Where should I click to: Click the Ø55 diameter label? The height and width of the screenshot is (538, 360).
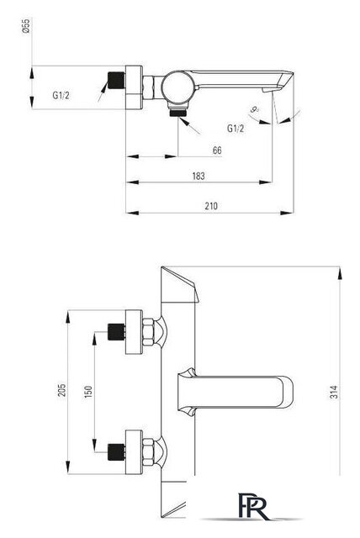click(x=26, y=26)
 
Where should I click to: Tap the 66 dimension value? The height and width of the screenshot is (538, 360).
click(x=217, y=150)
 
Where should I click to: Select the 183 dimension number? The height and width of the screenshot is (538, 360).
click(x=199, y=176)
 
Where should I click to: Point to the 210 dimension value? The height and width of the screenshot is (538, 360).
click(x=211, y=206)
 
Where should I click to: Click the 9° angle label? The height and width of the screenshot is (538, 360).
click(x=254, y=110)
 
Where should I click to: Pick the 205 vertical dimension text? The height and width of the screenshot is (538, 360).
click(x=61, y=390)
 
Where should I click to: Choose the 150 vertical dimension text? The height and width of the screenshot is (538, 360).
click(x=88, y=392)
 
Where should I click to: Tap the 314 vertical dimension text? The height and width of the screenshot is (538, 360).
click(x=334, y=392)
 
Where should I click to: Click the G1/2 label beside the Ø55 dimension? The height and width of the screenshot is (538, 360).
click(x=61, y=95)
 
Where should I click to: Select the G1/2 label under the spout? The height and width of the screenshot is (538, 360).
click(x=236, y=129)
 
